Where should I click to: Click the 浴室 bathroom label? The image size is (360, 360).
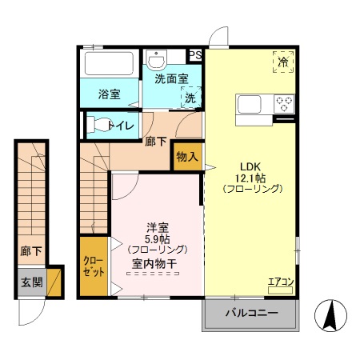pyautogui.click(x=110, y=94)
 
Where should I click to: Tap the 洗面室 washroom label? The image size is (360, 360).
pyautogui.click(x=171, y=78)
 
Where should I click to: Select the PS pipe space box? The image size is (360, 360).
pyautogui.click(x=195, y=55)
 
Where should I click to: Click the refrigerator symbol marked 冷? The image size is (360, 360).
pyautogui.click(x=282, y=62)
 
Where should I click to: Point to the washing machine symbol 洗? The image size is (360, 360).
pyautogui.click(x=190, y=97)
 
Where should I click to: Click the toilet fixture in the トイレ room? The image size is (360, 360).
pyautogui.click(x=100, y=125)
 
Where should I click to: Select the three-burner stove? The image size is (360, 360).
pyautogui.click(x=284, y=104)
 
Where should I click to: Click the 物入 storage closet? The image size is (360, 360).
pyautogui.click(x=186, y=157)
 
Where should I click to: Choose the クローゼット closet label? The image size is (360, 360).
pyautogui.click(x=92, y=266)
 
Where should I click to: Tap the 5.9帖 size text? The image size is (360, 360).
pyautogui.click(x=155, y=238)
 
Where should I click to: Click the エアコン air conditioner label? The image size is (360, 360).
pyautogui.click(x=280, y=281)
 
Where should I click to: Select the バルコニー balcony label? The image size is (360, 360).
pyautogui.click(x=250, y=313)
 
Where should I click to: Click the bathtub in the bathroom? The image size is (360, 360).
pyautogui.click(x=110, y=65)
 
